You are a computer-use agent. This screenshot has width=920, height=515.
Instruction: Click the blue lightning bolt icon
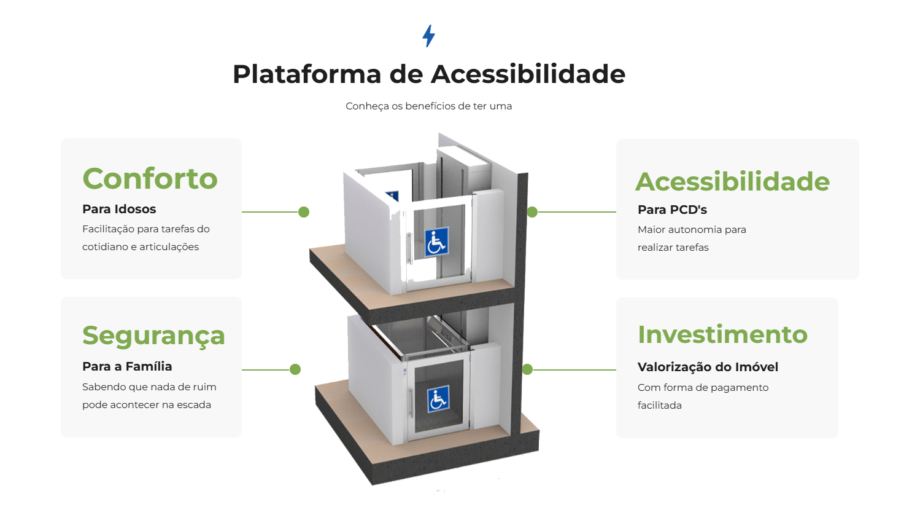click(428, 36)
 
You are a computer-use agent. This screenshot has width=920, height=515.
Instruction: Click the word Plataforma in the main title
click(307, 74)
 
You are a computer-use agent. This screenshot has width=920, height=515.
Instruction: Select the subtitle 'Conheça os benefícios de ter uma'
click(428, 106)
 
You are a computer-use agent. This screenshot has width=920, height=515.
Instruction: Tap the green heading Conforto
click(150, 179)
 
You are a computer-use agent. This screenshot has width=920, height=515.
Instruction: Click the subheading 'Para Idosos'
click(119, 209)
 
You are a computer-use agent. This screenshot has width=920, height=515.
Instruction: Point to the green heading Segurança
click(153, 336)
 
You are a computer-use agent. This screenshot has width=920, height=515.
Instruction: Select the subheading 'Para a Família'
click(127, 366)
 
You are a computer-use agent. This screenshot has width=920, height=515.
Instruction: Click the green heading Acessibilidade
click(732, 181)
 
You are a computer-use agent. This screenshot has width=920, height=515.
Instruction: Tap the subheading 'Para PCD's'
click(672, 210)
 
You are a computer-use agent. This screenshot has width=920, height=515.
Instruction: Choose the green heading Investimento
click(722, 334)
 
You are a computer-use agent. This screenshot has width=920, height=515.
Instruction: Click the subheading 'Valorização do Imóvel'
click(708, 367)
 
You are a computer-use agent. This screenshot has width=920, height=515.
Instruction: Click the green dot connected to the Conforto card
click(303, 212)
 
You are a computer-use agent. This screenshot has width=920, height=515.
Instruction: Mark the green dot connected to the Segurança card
click(295, 369)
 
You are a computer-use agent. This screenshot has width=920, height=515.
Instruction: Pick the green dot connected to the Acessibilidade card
click(532, 212)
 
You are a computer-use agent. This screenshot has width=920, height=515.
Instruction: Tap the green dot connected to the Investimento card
click(527, 369)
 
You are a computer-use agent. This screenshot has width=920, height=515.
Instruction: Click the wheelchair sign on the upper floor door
click(436, 241)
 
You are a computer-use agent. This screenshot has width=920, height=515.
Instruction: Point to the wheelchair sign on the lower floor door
click(438, 399)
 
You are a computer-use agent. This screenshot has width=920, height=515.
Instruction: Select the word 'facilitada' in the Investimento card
click(660, 405)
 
